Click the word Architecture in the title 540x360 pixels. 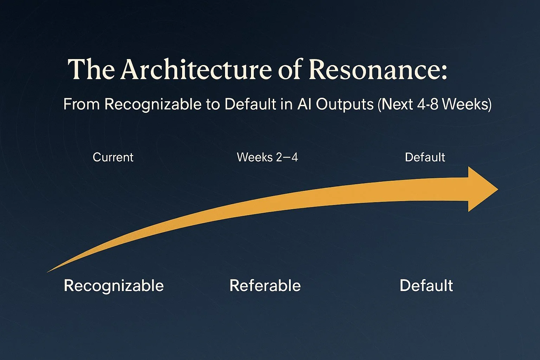click(x=196, y=69)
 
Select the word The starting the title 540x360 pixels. click(x=91, y=69)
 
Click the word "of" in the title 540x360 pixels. click(x=290, y=69)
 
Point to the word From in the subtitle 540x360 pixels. click(x=81, y=104)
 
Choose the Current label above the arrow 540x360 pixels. click(x=113, y=157)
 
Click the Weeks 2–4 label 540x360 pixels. click(x=267, y=157)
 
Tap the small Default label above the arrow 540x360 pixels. click(x=425, y=157)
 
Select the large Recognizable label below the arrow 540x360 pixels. click(x=114, y=285)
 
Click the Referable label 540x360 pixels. click(x=265, y=285)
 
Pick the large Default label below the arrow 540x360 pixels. click(x=426, y=285)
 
